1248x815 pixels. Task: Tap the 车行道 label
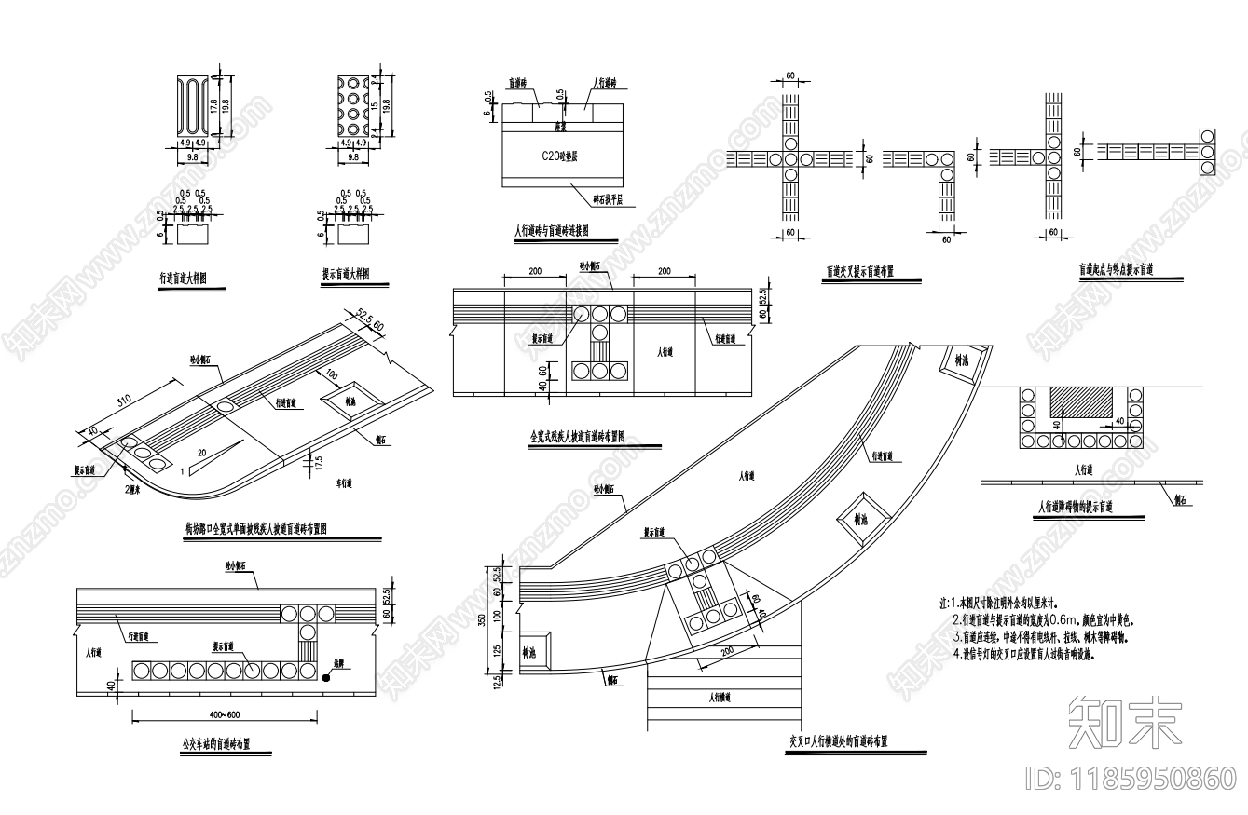(348, 484)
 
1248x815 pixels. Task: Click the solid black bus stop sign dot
(326, 678)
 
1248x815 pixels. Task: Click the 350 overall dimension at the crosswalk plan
(482, 621)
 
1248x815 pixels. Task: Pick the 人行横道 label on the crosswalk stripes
(719, 697)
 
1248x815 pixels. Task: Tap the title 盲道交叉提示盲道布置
(859, 272)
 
